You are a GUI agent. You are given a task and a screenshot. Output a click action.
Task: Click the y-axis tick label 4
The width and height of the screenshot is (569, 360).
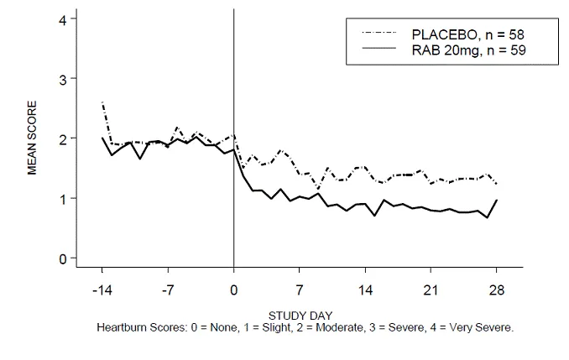(x=62, y=18)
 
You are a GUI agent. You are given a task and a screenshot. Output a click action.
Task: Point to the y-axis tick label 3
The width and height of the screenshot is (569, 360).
(x=62, y=78)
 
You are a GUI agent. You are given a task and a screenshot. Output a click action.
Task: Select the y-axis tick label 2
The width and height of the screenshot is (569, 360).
(x=62, y=138)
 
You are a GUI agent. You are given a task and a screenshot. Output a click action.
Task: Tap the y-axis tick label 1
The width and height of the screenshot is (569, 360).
(x=62, y=198)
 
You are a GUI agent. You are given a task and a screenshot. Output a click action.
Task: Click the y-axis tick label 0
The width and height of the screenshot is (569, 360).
(x=62, y=258)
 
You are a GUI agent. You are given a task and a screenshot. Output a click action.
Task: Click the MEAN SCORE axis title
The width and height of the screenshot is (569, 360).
(x=33, y=138)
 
